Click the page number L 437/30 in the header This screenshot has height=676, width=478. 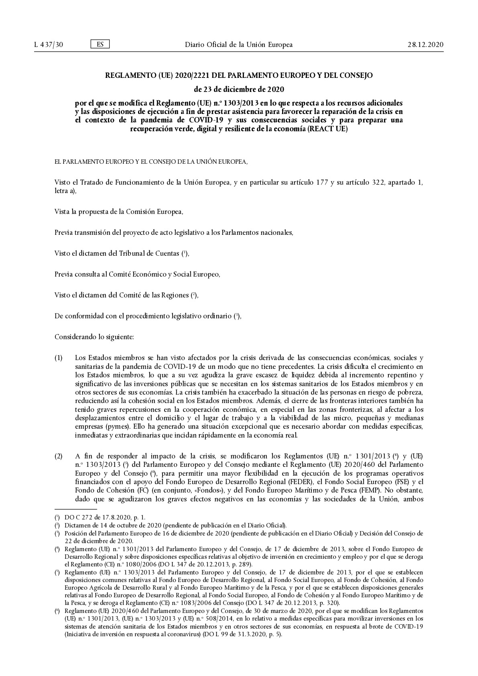(x=49, y=45)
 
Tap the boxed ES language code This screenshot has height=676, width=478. (x=100, y=44)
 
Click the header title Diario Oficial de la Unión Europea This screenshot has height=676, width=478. (x=238, y=45)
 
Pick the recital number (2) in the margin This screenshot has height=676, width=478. (x=59, y=456)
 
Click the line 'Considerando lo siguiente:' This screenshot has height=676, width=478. (x=94, y=337)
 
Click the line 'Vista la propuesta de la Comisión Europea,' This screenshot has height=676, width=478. (x=119, y=212)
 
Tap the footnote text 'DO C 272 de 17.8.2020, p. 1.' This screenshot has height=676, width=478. (x=105, y=518)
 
